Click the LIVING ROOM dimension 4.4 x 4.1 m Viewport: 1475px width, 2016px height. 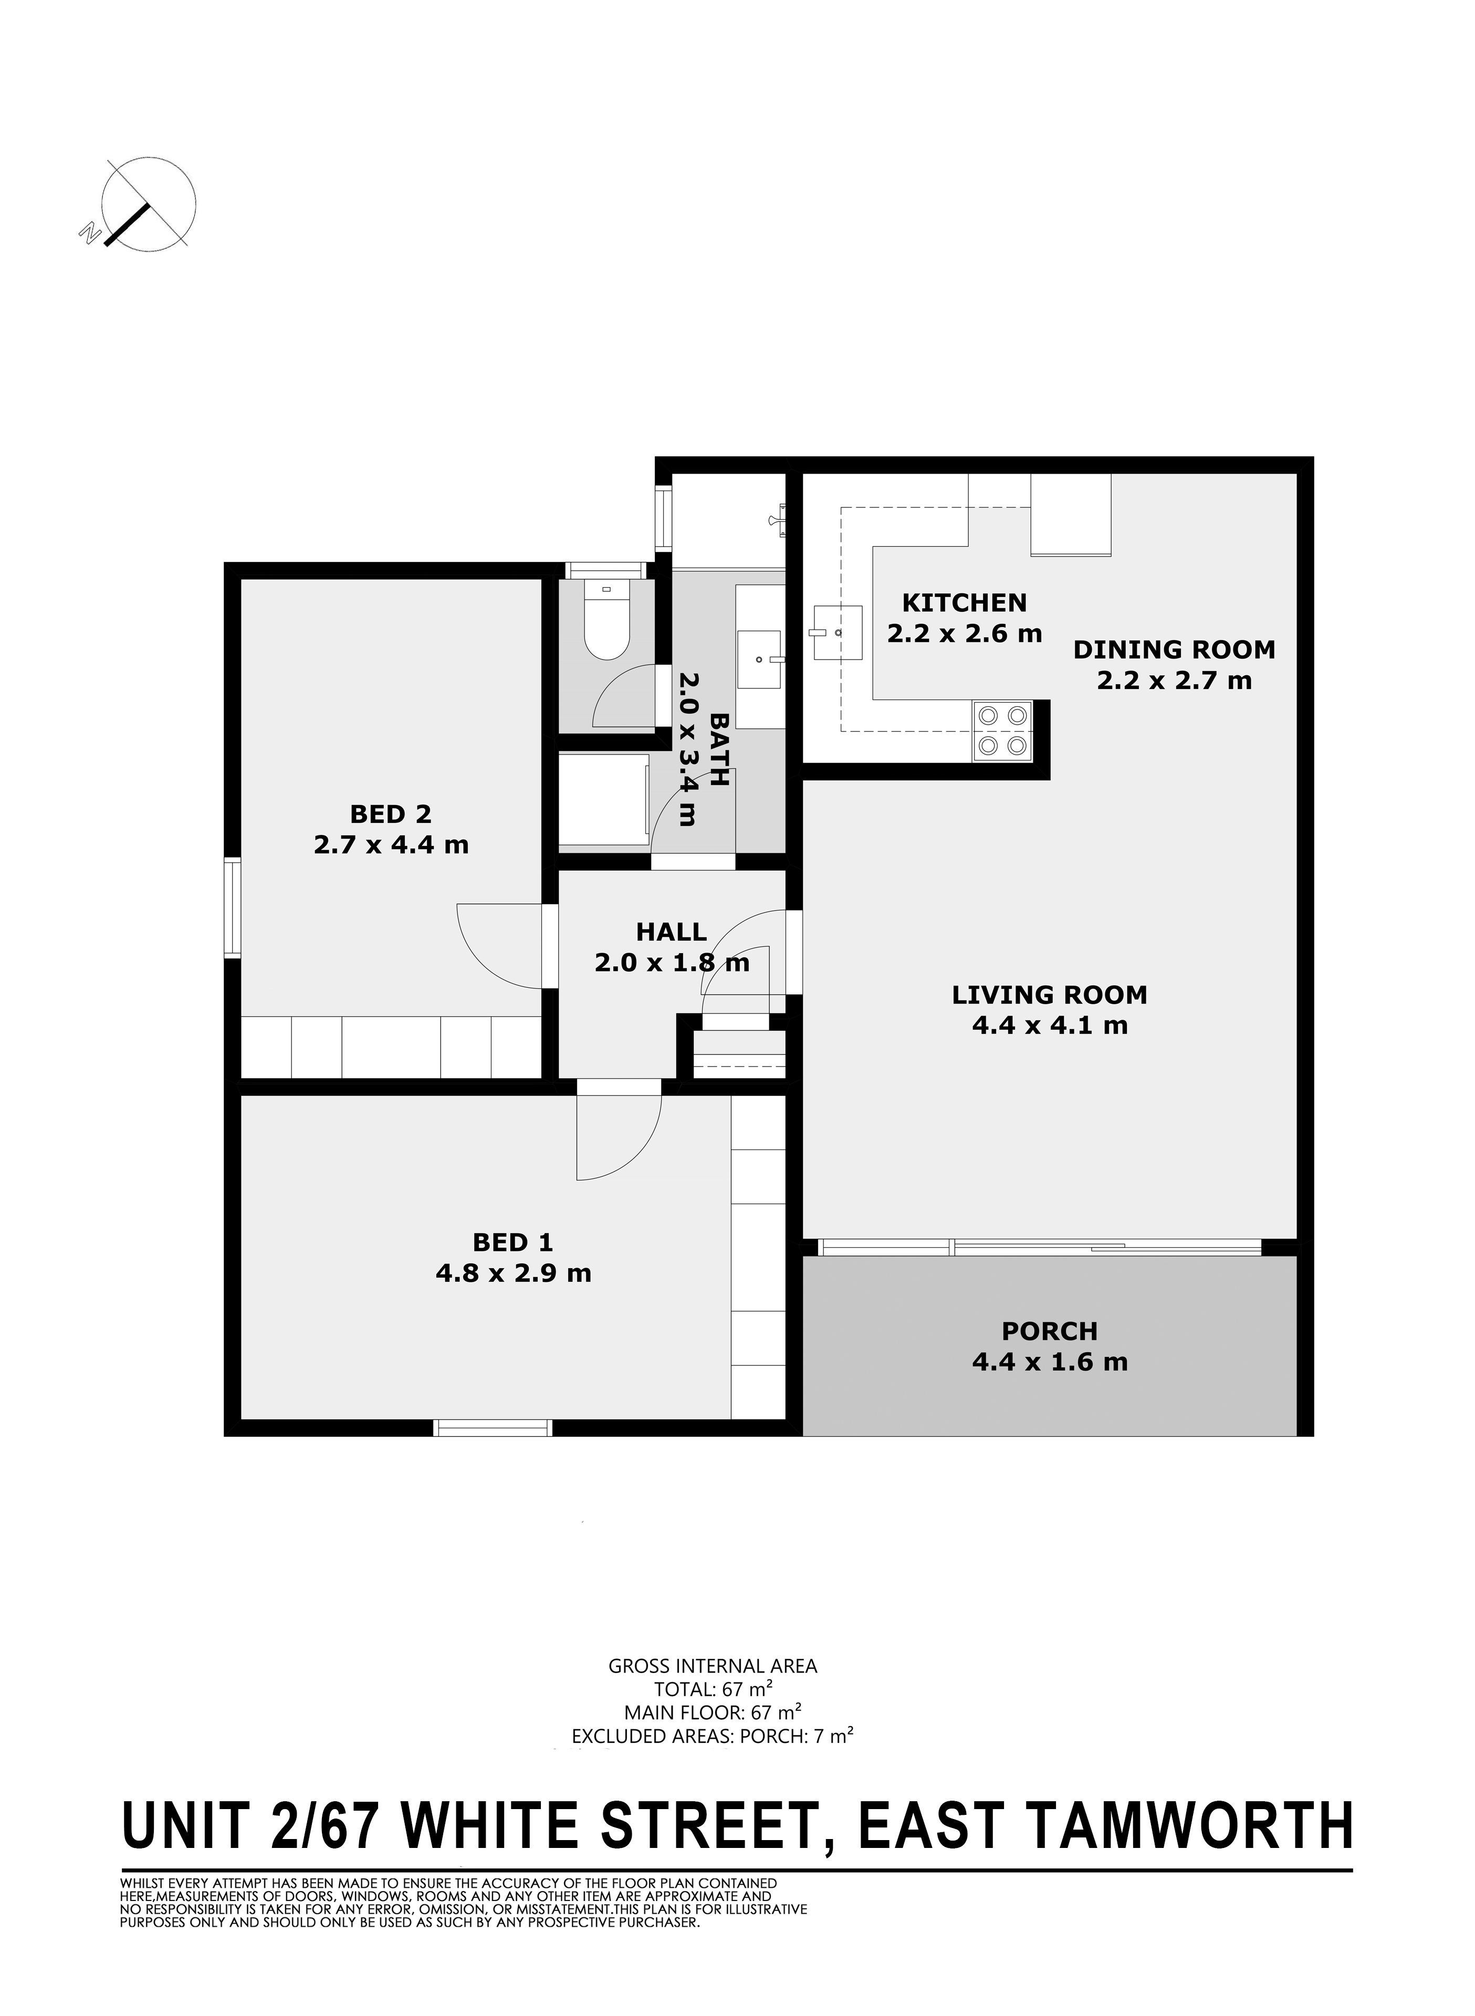[x=1050, y=1025]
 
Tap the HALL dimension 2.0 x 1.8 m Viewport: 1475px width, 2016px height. [x=672, y=963]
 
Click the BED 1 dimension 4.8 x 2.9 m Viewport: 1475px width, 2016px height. [x=514, y=1272]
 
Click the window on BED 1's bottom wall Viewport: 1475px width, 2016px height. [x=493, y=1428]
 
